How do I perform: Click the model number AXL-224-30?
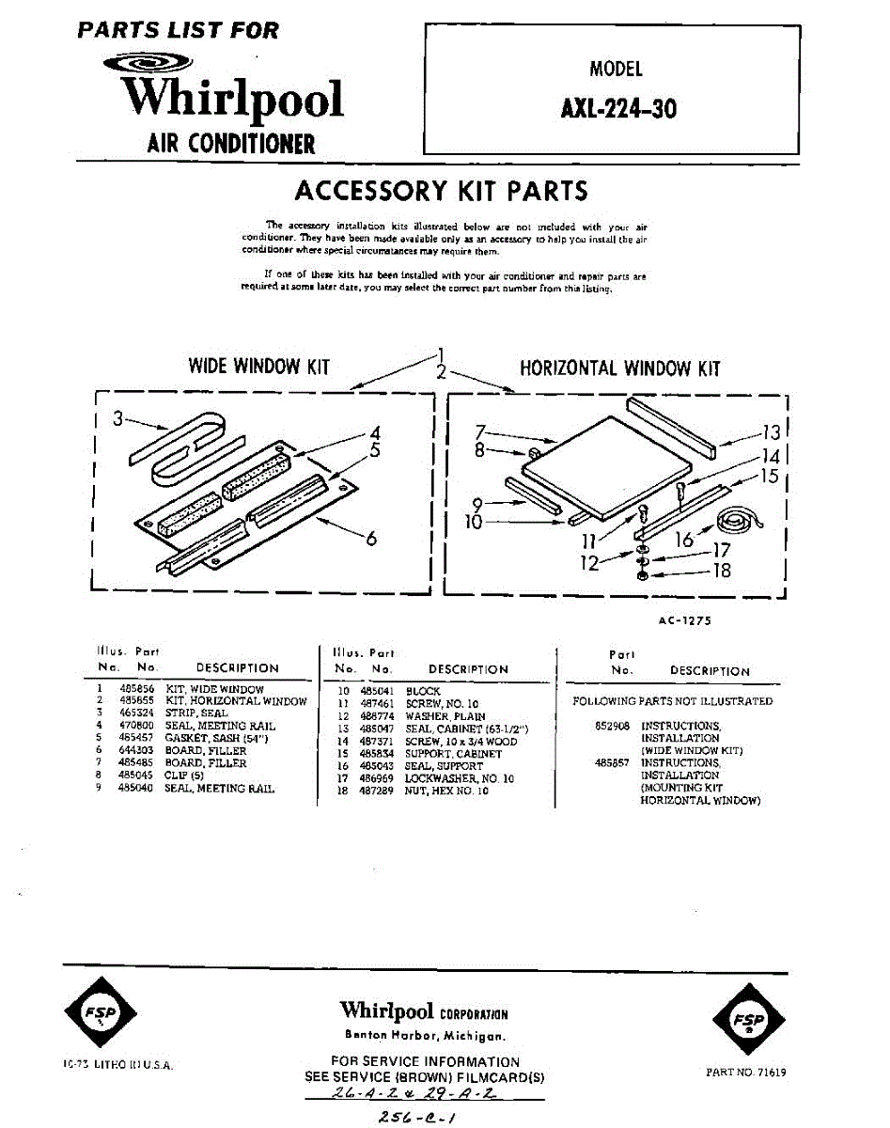[617, 109]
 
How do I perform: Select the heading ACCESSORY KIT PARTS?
[441, 191]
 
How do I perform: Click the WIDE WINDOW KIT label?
[259, 367]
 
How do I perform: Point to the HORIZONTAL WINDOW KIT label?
[620, 368]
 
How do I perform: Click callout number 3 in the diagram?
[117, 420]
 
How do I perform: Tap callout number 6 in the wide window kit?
[371, 540]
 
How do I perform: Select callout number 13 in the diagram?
[772, 433]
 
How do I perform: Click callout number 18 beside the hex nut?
[722, 570]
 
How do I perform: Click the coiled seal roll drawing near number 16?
[739, 521]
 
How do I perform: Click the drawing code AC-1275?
[690, 620]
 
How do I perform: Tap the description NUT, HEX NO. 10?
[446, 791]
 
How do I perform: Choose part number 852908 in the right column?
[610, 727]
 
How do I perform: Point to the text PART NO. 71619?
[746, 1072]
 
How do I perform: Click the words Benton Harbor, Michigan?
[424, 1036]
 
